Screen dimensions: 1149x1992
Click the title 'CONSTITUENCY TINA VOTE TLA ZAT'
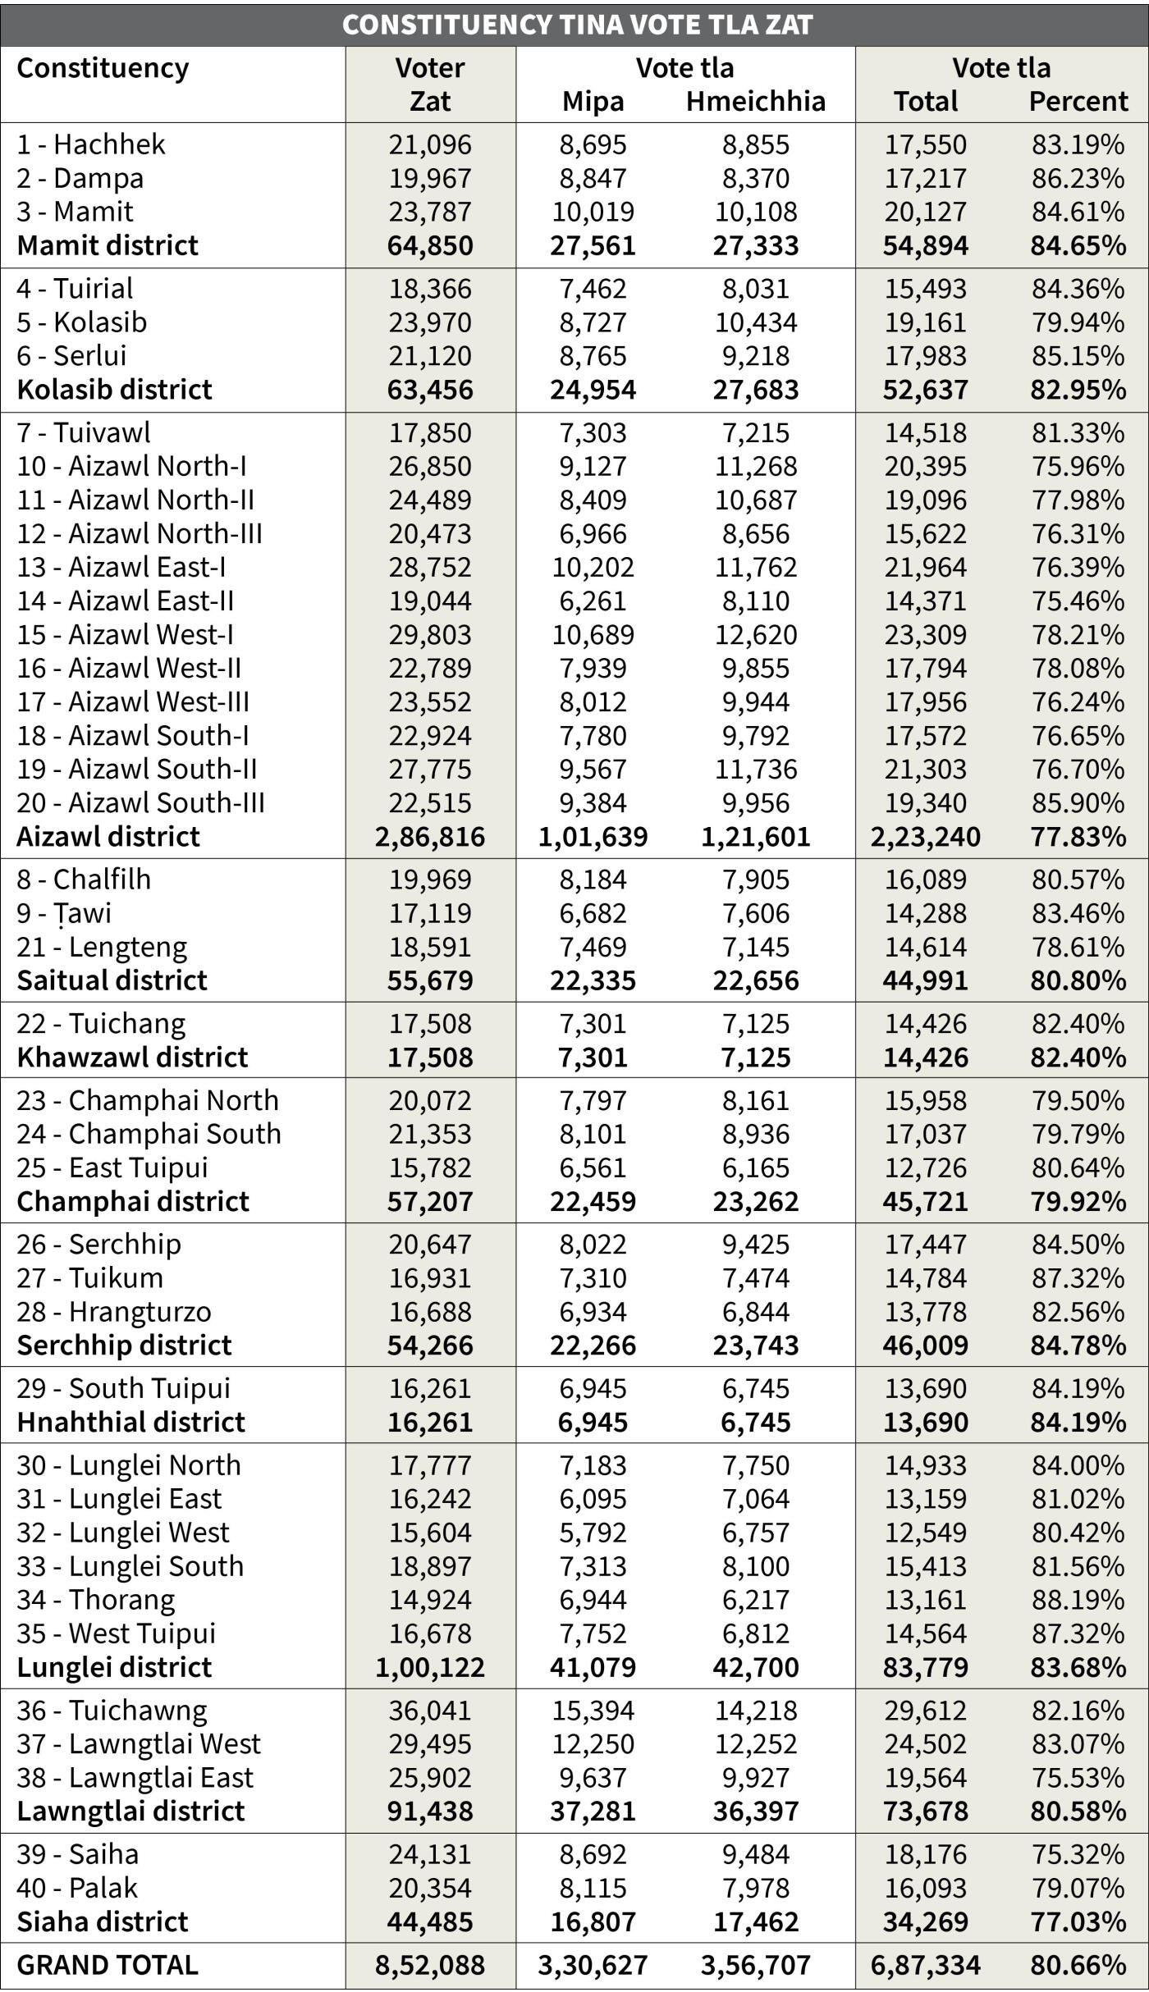pos(577,25)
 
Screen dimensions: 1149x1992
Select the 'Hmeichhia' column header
pos(756,101)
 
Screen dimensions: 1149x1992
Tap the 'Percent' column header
pos(1078,101)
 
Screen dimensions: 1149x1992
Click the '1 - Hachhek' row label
pos(91,144)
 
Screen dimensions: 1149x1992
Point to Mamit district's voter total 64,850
pos(430,245)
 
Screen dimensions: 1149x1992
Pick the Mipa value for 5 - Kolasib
pos(593,322)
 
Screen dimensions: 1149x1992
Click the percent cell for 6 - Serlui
pos(1078,356)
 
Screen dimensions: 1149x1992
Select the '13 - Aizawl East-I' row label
pos(121,567)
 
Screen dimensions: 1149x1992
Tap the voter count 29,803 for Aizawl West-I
pos(430,634)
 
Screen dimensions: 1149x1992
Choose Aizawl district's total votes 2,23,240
pos(925,836)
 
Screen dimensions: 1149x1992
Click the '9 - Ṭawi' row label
pos(64,913)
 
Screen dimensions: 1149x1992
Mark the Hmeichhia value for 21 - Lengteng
pos(756,947)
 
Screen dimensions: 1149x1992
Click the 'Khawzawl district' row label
pos(132,1057)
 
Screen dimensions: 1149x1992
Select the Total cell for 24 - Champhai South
pos(925,1134)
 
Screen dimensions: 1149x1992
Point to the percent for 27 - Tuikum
pos(1078,1278)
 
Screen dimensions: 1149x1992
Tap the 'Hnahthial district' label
pos(131,1422)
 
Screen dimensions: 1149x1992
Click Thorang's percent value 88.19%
pos(1078,1600)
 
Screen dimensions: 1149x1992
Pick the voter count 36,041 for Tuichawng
pos(430,1711)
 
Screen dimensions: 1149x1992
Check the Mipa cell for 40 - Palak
pos(593,1888)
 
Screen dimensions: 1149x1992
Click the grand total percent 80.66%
pos(1078,1965)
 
